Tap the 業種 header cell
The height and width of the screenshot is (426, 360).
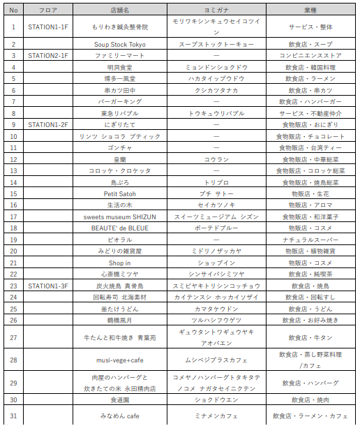[x=310, y=10]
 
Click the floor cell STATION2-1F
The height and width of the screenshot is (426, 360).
[x=48, y=55]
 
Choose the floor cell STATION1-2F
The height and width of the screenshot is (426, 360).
[x=48, y=124]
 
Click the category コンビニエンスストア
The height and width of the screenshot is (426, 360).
[x=310, y=55]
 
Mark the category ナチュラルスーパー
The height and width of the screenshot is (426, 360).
[x=310, y=240]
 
